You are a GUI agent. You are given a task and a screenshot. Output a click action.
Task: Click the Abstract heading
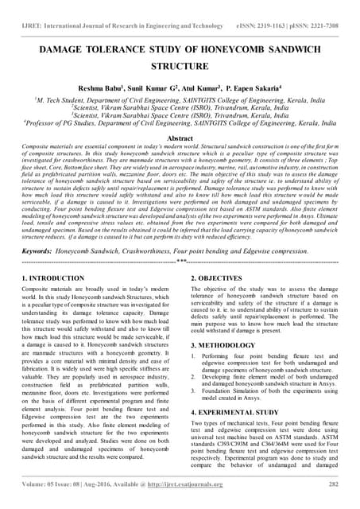(180, 138)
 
